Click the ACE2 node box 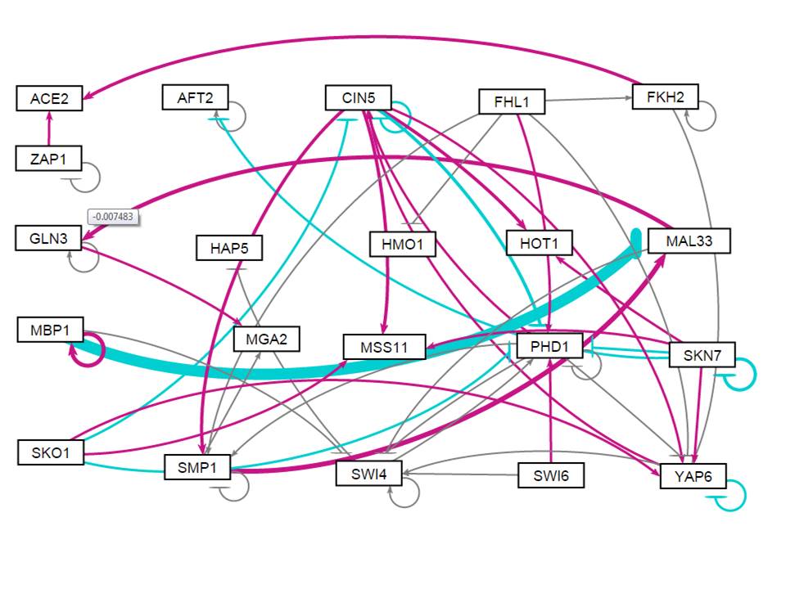pyautogui.click(x=50, y=100)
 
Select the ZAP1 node pyautogui.click(x=49, y=158)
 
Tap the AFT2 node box pyautogui.click(x=195, y=97)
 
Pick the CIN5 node pyautogui.click(x=358, y=99)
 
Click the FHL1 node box pyautogui.click(x=512, y=102)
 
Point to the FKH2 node pyautogui.click(x=664, y=97)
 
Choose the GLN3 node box pyautogui.click(x=49, y=239)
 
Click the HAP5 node pyautogui.click(x=229, y=248)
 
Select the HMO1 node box pyautogui.click(x=402, y=243)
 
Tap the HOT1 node pyautogui.click(x=539, y=243)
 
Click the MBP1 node pyautogui.click(x=50, y=331)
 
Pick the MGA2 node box pyautogui.click(x=266, y=338)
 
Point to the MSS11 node pyautogui.click(x=385, y=347)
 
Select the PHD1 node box pyautogui.click(x=549, y=347)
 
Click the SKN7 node pyautogui.click(x=702, y=356)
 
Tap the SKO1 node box pyautogui.click(x=51, y=452)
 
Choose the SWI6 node pyautogui.click(x=551, y=475)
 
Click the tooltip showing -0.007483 pyautogui.click(x=112, y=217)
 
